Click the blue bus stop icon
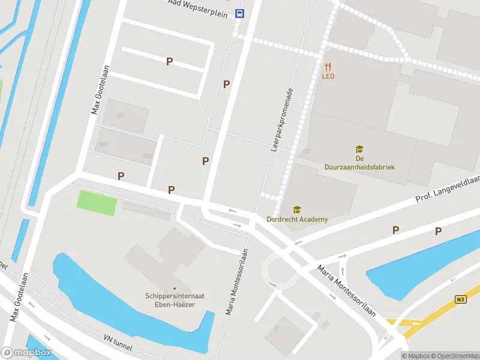(239, 13)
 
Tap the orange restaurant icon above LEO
(328, 66)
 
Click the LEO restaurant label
(328, 76)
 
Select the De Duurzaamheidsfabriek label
(359, 163)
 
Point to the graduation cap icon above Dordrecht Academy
(296, 209)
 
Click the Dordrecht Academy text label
(298, 220)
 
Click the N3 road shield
(460, 299)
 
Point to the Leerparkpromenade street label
(281, 119)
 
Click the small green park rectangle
(97, 203)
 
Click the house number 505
(147, 156)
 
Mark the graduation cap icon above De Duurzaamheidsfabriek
(359, 149)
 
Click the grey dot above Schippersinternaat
(175, 289)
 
